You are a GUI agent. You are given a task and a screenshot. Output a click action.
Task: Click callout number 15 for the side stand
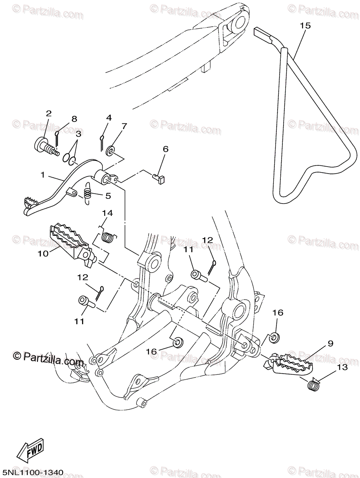tap(305, 25)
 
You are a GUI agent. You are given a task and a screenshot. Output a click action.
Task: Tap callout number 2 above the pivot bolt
tap(49, 113)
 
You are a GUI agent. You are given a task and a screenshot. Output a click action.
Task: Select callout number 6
tap(165, 149)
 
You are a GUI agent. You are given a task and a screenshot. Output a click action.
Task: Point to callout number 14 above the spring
tap(108, 213)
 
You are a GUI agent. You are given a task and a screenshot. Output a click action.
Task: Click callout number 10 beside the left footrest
tap(43, 253)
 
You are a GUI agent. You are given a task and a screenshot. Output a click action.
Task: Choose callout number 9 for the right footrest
tap(331, 343)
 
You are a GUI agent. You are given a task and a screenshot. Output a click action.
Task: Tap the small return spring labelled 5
tap(88, 194)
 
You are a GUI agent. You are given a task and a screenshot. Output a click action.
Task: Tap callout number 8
tap(74, 119)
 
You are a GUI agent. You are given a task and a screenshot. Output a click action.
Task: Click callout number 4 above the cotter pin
tap(109, 118)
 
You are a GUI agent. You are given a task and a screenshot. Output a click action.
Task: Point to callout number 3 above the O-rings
tap(78, 134)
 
